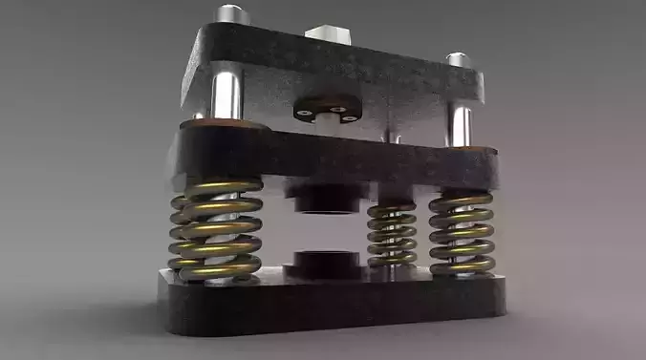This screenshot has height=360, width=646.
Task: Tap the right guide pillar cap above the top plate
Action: tap(459, 60)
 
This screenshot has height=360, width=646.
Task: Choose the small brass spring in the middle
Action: tap(392, 235)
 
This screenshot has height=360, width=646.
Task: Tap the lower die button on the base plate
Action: tap(325, 263)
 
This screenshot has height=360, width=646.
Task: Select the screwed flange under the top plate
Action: tap(326, 107)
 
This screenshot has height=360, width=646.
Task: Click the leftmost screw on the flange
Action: tap(304, 112)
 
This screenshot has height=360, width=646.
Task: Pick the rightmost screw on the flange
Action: tap(351, 117)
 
